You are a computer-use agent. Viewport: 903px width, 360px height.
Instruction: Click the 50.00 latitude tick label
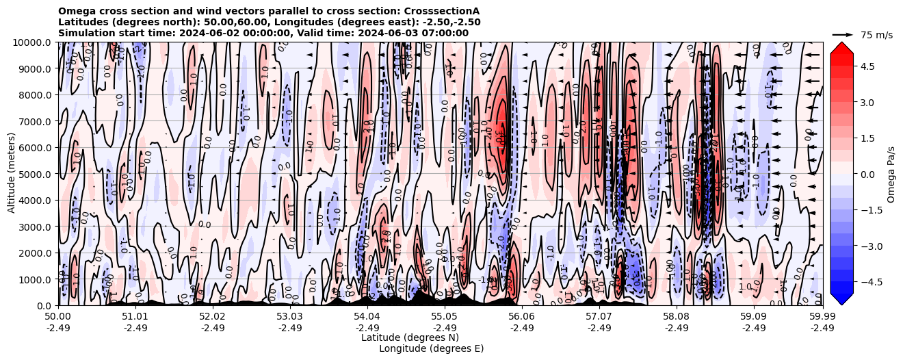[58, 317]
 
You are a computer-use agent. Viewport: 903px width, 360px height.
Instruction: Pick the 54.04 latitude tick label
[367, 317]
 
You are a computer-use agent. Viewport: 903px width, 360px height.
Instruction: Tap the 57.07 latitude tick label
[599, 317]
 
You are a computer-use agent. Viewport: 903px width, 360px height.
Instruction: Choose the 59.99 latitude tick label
[822, 317]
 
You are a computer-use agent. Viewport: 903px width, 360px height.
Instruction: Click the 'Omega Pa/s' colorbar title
[891, 174]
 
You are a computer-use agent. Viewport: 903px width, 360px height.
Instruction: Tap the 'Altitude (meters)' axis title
[12, 174]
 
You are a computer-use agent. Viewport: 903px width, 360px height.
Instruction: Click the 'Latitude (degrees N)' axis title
[410, 337]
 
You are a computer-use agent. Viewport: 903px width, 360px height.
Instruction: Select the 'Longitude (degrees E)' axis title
[431, 348]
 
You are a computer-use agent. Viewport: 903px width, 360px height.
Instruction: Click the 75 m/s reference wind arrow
[842, 34]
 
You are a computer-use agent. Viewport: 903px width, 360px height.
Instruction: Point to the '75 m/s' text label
[876, 35]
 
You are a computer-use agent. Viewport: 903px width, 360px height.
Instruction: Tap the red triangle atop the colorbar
[841, 47]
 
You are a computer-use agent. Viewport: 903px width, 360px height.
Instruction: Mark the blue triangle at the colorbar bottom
[841, 299]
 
